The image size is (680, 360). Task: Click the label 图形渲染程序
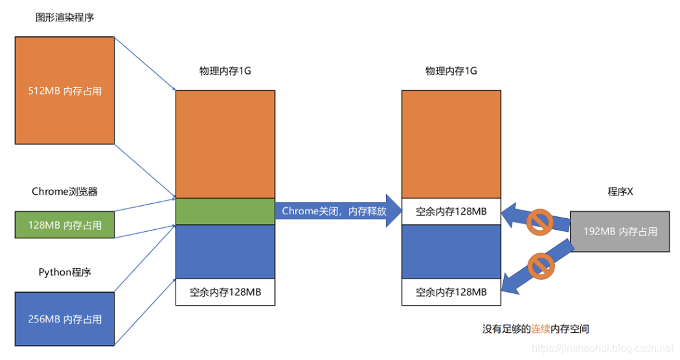65,17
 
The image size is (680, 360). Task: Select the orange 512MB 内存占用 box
65,91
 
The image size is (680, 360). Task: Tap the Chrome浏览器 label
65,192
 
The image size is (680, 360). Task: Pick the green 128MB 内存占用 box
65,225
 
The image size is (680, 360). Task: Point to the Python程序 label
65,272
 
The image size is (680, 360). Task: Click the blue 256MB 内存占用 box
65,319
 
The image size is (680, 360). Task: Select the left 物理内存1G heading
225,71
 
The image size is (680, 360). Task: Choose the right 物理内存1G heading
451,71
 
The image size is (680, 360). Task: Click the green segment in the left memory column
225,211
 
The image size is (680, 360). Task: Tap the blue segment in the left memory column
225,251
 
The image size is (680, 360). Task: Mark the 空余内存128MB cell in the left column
225,292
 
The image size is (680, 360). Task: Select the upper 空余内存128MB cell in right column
451,211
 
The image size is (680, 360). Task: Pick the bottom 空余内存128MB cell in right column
451,292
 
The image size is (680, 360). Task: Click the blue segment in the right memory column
451,251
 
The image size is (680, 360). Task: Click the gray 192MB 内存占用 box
619,231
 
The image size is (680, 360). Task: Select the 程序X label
620,192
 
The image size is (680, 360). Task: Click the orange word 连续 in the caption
541,329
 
